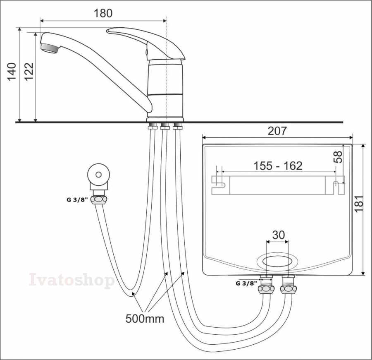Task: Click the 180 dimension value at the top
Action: tap(103, 13)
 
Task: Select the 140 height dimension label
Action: tap(12, 72)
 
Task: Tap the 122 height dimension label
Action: tap(29, 72)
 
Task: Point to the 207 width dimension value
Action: tap(277, 131)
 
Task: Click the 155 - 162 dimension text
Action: tap(278, 166)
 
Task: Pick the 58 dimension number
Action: tap(338, 157)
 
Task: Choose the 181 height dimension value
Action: tap(359, 203)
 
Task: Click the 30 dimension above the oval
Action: tap(278, 235)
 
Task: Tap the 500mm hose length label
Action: tap(145, 319)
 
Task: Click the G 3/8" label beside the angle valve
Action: tap(77, 200)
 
